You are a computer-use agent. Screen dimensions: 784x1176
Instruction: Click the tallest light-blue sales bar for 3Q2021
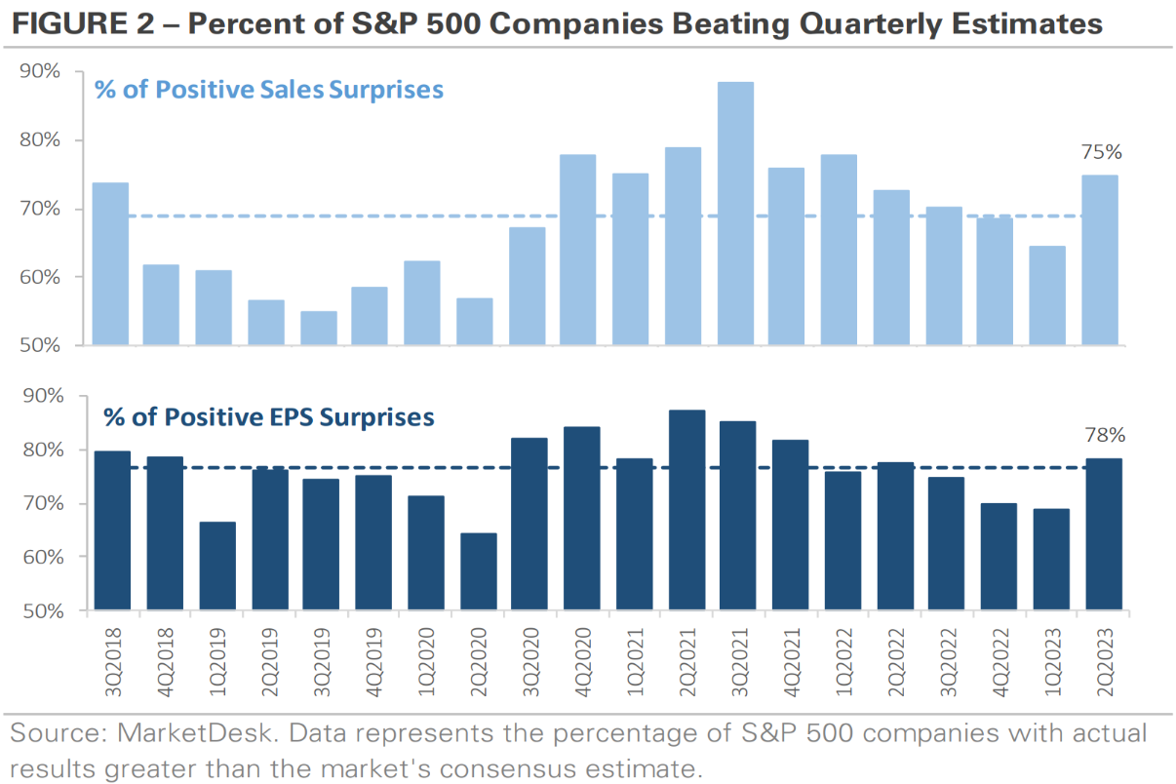(x=735, y=214)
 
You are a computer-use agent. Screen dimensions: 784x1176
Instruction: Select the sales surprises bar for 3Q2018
(x=110, y=264)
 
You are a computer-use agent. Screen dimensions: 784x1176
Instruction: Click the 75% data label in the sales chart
(x=1102, y=153)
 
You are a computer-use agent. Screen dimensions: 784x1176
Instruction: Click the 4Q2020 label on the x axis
(x=580, y=663)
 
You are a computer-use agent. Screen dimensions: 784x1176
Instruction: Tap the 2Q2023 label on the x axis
(x=1102, y=663)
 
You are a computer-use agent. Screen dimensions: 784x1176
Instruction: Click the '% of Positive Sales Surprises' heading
(x=268, y=91)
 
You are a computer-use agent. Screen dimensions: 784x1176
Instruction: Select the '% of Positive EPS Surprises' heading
(x=268, y=417)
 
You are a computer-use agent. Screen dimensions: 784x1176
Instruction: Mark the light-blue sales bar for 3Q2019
(x=319, y=329)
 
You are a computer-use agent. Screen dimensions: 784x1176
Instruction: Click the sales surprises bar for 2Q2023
(x=1102, y=260)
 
